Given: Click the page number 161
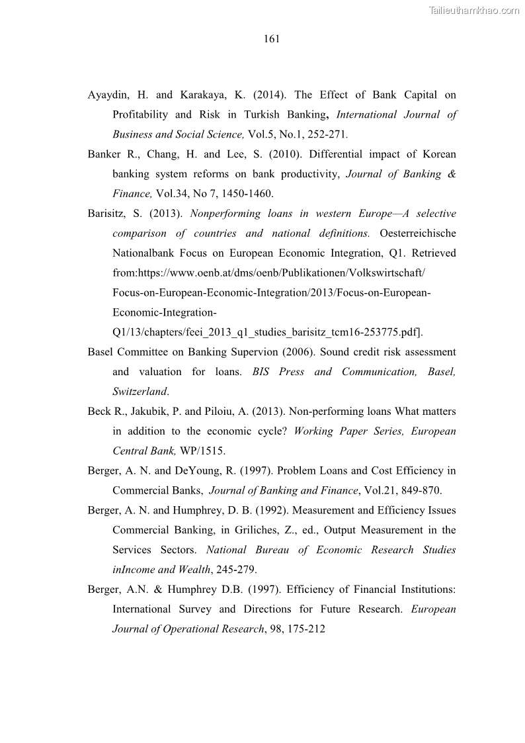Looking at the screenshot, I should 272,39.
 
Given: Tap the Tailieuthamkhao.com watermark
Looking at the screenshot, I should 475,9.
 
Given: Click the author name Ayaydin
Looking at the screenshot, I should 106,95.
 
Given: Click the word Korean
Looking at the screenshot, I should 438,154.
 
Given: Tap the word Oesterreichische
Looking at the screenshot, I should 418,234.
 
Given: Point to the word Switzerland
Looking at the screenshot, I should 140,392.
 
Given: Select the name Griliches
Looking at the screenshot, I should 271,530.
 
